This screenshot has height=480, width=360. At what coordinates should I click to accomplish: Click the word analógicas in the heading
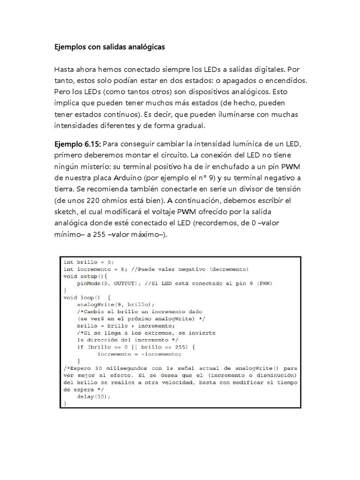145,47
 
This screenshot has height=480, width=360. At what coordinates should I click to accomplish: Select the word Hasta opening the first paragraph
64,69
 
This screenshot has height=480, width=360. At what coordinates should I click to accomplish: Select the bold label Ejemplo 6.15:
77,143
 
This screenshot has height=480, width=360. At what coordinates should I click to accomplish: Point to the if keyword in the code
80,347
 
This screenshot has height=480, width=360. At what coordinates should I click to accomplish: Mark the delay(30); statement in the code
94,397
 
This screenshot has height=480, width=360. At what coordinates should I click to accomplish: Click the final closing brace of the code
65,404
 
